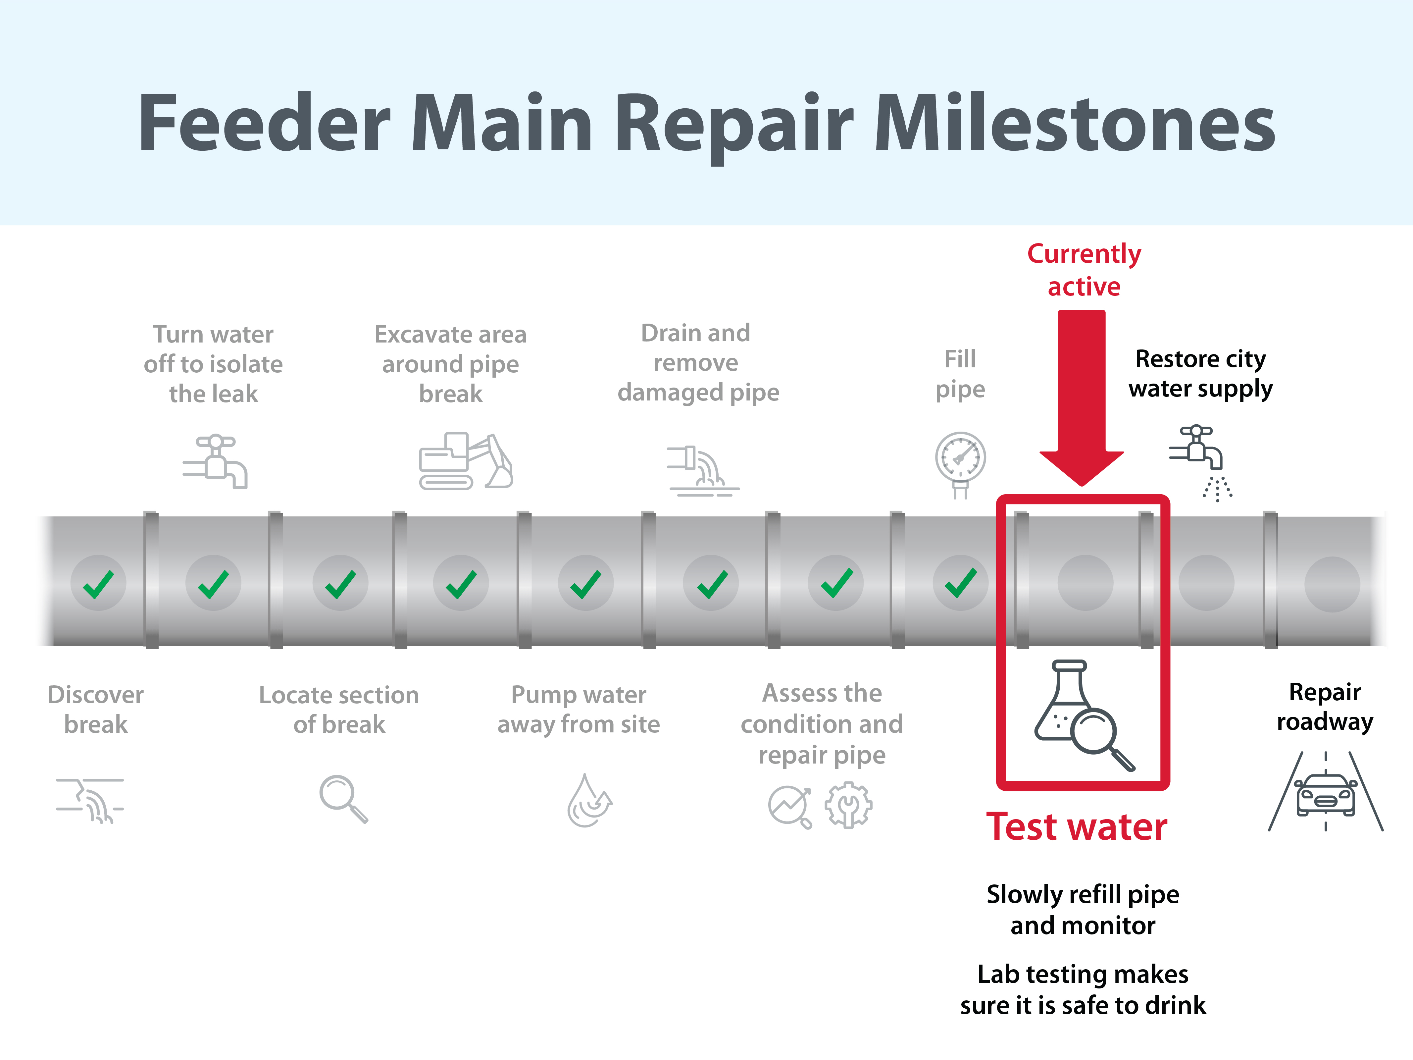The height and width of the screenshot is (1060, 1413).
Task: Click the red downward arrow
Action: pos(1082,397)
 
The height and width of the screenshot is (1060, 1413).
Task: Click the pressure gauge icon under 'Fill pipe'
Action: pos(960,464)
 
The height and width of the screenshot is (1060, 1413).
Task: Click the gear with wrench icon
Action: pos(848,805)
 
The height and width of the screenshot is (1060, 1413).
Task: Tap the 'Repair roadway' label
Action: pos(1325,707)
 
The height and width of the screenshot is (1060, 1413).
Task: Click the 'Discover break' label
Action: pos(96,709)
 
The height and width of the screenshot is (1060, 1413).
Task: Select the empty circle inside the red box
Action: pos(1085,583)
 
